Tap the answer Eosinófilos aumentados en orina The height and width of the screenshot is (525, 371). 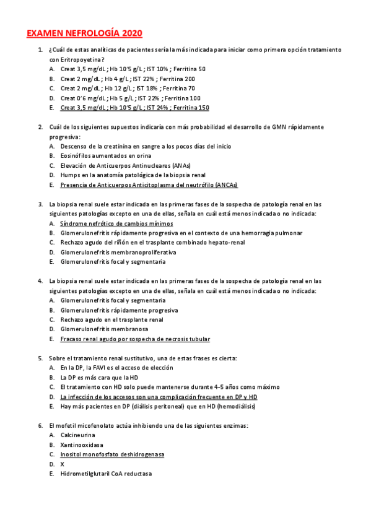(x=106, y=155)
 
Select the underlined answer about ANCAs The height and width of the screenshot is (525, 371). (x=149, y=184)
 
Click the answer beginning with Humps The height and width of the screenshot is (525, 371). (x=133, y=175)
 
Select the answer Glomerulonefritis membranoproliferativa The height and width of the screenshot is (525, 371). (x=118, y=252)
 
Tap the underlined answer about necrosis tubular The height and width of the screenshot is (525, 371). (x=135, y=339)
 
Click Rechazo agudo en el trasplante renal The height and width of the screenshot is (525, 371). (x=111, y=319)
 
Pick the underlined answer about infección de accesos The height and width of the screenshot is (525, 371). (x=159, y=396)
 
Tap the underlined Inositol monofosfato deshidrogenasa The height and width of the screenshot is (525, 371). (x=112, y=454)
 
